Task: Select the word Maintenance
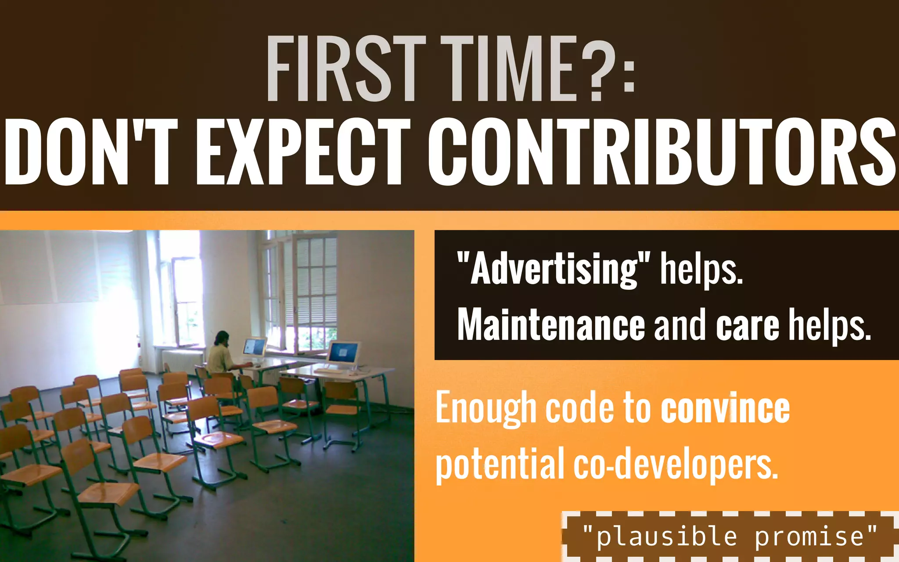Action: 551,325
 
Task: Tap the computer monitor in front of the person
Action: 254,346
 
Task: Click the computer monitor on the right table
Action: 343,353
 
